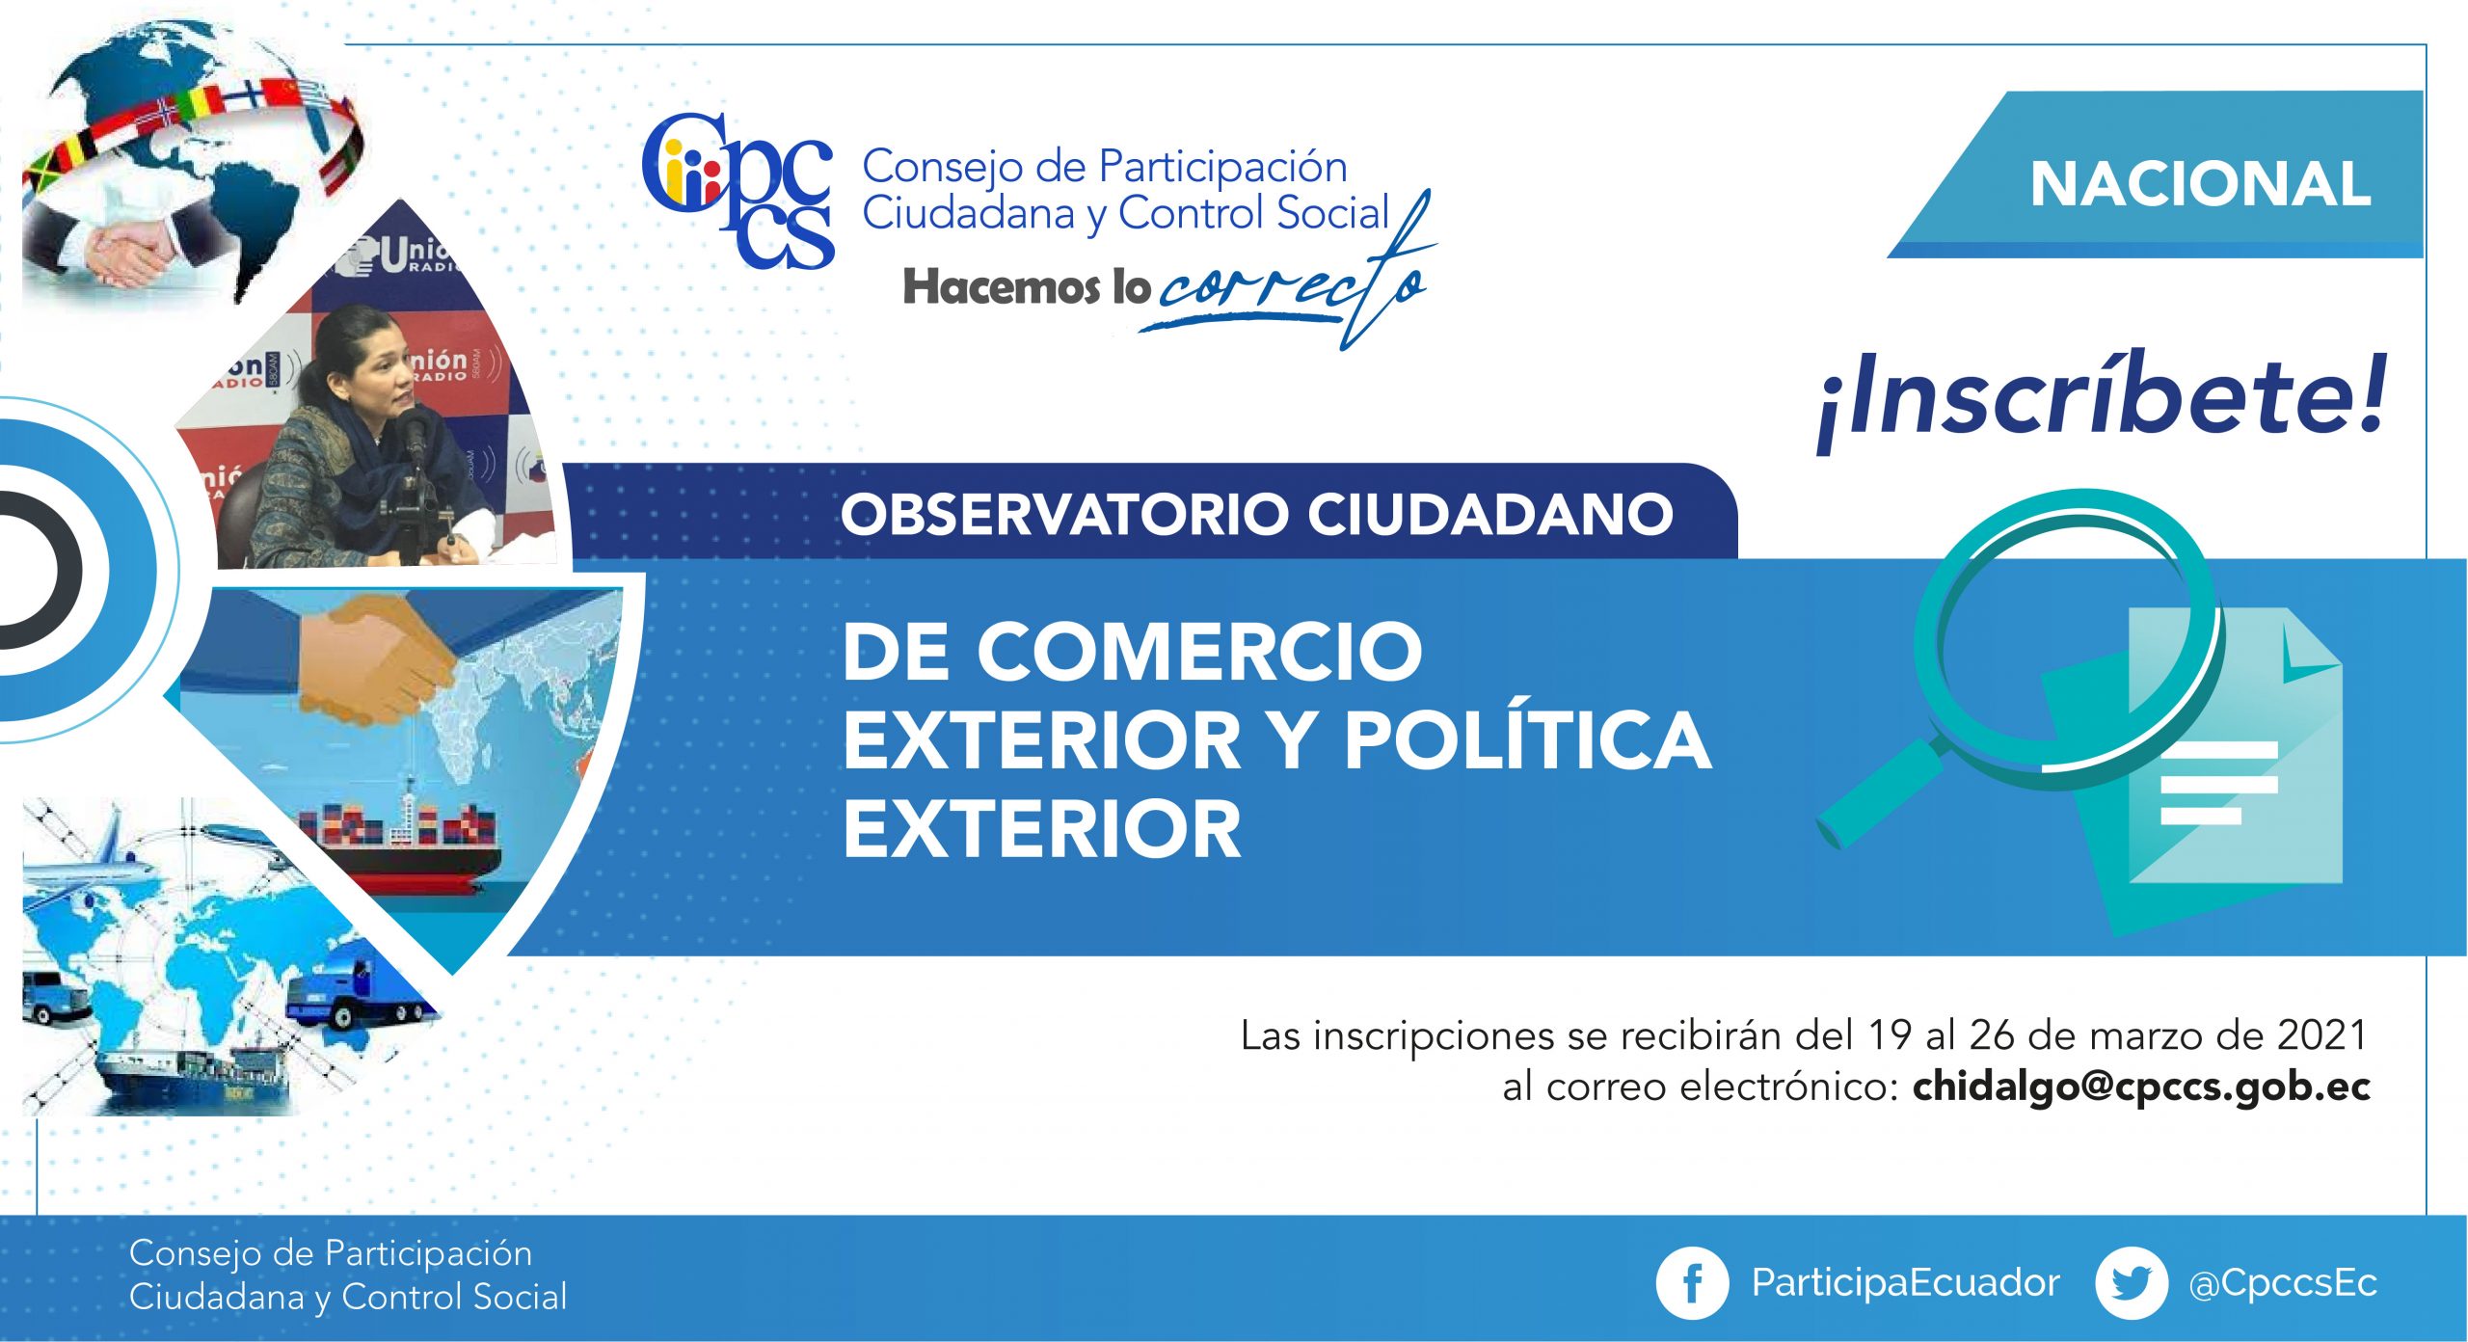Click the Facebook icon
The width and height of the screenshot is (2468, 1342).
point(1692,1283)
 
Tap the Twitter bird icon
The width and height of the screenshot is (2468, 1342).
point(2132,1283)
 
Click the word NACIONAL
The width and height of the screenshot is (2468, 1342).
point(2200,184)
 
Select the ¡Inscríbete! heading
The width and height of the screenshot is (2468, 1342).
point(2102,399)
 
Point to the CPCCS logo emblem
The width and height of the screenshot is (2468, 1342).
point(738,190)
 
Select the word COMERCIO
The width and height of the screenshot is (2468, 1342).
point(1200,652)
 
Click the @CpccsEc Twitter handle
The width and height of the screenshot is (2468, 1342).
point(2283,1284)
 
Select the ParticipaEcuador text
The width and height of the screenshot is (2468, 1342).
point(1906,1283)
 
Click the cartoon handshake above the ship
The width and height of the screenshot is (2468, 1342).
point(376,660)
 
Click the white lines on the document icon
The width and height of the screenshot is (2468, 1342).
point(2218,783)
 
